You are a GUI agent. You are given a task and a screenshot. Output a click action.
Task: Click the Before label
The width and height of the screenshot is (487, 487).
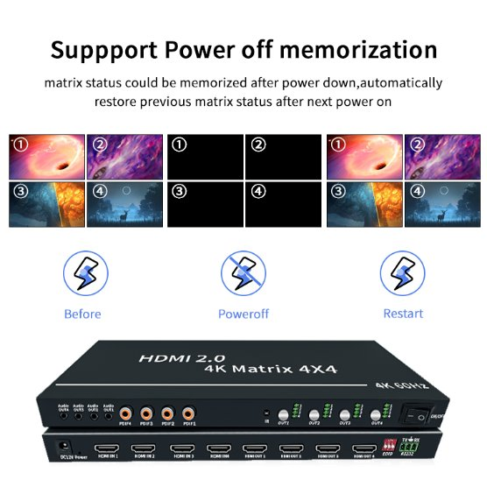pyautogui.click(x=82, y=314)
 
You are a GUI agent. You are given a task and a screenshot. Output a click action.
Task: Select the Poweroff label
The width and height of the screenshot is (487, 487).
pyautogui.click(x=243, y=314)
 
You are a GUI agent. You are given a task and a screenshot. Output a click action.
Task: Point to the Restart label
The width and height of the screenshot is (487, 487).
pyautogui.click(x=403, y=314)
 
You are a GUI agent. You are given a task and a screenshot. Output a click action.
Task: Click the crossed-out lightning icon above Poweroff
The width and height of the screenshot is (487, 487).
pyautogui.click(x=243, y=272)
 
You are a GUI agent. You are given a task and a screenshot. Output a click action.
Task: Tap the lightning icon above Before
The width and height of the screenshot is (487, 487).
pyautogui.click(x=83, y=272)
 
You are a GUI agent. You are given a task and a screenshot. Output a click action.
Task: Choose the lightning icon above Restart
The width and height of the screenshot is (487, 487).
pyautogui.click(x=403, y=272)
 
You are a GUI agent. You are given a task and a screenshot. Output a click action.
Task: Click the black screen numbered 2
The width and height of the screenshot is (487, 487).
pyautogui.click(x=281, y=155)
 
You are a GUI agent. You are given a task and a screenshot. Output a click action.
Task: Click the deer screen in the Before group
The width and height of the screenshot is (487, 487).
pyautogui.click(x=124, y=202)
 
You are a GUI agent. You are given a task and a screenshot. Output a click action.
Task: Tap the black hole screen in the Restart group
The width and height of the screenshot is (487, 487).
pyautogui.click(x=363, y=155)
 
